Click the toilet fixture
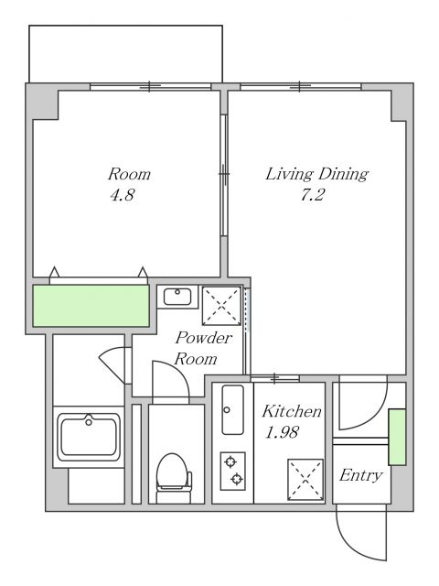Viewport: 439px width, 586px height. [x=174, y=478]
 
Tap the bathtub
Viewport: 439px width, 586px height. [x=89, y=437]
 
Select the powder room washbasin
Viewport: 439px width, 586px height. [x=177, y=297]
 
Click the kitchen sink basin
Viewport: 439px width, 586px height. [x=232, y=410]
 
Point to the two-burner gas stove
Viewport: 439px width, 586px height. [x=233, y=471]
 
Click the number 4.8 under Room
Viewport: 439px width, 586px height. [x=122, y=195]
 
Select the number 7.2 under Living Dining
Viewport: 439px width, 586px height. [x=313, y=195]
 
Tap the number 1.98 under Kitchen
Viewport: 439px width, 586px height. [x=282, y=432]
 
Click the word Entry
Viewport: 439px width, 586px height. [x=361, y=476]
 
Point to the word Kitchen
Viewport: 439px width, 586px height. [x=292, y=411]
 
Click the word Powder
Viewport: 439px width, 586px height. [x=204, y=338]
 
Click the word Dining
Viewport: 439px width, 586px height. [x=343, y=174]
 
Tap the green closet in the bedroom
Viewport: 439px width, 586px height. [x=91, y=306]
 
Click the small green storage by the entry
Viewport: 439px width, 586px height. [x=397, y=438]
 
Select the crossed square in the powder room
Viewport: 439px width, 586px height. [x=221, y=305]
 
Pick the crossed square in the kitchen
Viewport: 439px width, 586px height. [x=305, y=480]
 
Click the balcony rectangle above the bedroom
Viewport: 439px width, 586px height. [x=126, y=54]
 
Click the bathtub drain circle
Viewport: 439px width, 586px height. [x=89, y=422]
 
